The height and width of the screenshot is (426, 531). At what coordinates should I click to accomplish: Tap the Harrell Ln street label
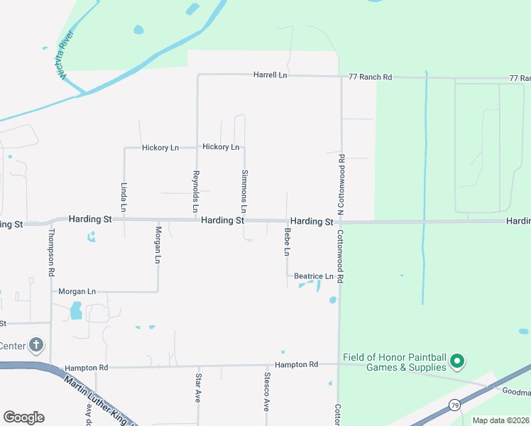[270, 75]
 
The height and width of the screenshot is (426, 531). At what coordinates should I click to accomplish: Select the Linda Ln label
[124, 197]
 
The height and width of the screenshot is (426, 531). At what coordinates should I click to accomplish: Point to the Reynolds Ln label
[196, 192]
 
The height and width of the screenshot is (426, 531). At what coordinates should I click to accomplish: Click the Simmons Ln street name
[244, 192]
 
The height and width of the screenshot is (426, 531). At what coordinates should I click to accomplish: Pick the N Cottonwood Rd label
[341, 185]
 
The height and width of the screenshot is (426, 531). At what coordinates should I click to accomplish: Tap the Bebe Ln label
[288, 242]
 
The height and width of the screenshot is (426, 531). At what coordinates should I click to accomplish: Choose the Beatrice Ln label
[314, 276]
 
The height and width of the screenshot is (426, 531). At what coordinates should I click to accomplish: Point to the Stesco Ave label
[267, 391]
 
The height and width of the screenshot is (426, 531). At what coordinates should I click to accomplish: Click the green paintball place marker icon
[458, 362]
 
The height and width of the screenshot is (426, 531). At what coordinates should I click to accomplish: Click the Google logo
[23, 417]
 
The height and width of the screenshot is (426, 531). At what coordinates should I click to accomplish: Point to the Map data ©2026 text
[501, 420]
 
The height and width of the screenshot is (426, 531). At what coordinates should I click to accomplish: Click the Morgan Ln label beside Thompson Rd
[77, 292]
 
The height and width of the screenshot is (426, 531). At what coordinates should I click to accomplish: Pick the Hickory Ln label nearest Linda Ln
[160, 148]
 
